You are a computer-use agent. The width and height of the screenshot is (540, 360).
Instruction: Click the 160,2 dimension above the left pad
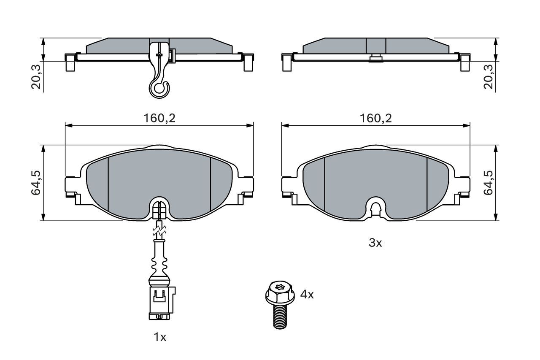point(159,119)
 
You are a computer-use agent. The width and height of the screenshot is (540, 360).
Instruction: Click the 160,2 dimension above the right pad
point(376,119)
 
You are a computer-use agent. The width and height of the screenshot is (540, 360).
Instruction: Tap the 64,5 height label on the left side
point(35,183)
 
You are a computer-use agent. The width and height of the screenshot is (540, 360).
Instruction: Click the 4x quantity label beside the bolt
point(307,295)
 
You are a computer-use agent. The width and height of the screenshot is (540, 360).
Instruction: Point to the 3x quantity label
point(375,243)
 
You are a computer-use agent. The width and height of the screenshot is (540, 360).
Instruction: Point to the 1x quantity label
point(160,337)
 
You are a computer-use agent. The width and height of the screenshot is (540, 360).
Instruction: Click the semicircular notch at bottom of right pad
point(375,207)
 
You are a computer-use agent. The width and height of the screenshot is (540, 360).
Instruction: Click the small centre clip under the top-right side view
point(375,59)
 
